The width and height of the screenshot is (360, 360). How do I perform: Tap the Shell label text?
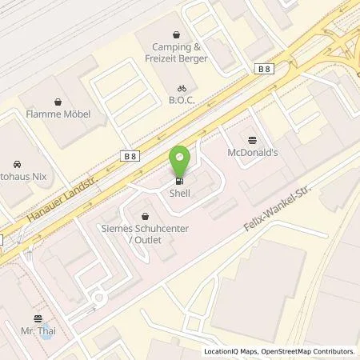click(179, 193)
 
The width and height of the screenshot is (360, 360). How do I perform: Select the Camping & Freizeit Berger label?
click(179, 52)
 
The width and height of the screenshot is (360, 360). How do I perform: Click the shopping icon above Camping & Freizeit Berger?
click(179, 34)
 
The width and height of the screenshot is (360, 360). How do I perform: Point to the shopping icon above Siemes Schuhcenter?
click(145, 215)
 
